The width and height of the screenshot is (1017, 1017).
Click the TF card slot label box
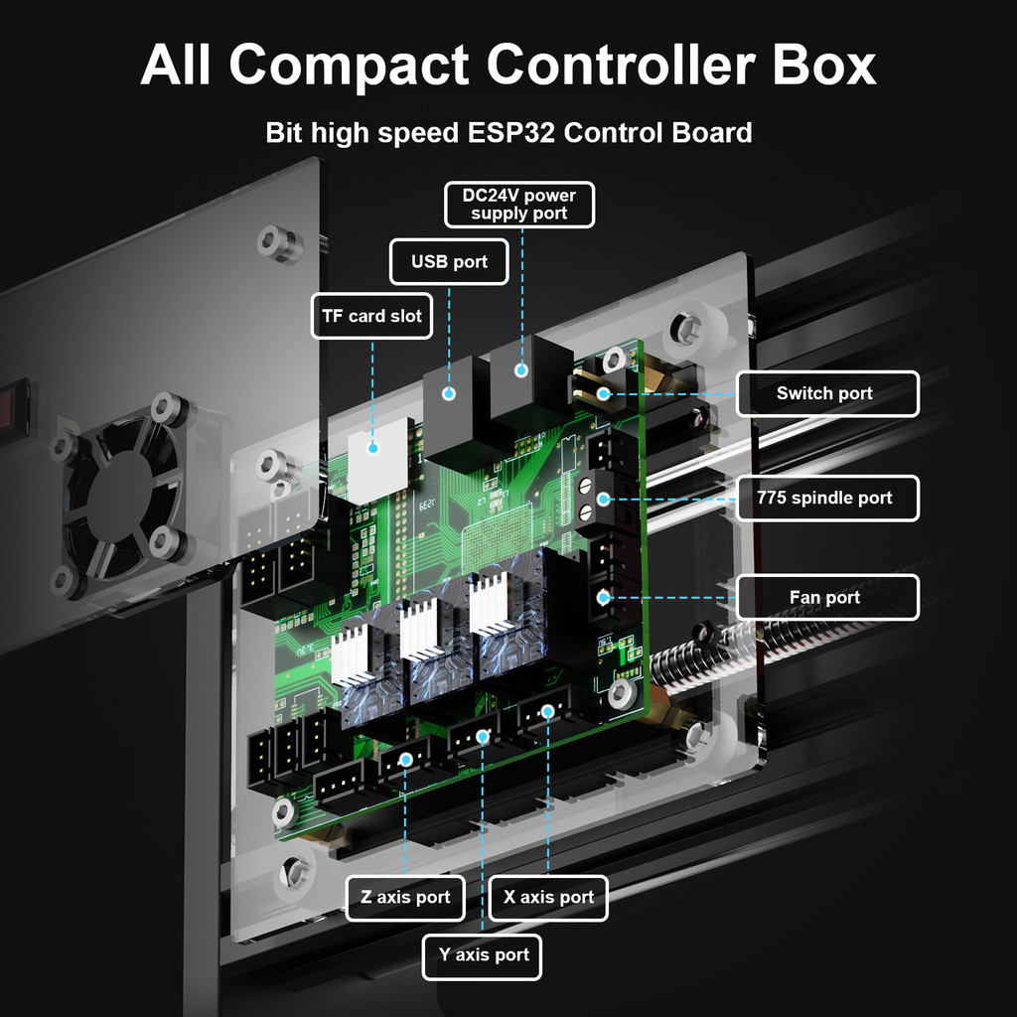(371, 317)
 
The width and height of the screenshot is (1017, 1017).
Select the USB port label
(449, 262)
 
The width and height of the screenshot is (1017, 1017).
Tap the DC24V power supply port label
(518, 205)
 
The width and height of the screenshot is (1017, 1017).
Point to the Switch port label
(824, 393)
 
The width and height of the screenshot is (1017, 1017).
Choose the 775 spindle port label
(824, 498)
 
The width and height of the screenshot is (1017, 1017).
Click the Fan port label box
(824, 597)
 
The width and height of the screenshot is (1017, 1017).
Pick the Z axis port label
(405, 897)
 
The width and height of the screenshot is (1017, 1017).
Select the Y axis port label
(484, 955)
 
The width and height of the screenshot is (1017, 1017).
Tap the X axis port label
(548, 897)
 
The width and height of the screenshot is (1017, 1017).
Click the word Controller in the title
(617, 66)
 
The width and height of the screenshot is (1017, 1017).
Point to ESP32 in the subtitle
(507, 132)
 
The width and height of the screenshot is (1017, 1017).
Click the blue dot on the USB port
(449, 393)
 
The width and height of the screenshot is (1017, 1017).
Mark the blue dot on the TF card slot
(373, 448)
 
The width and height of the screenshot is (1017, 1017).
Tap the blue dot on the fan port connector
(603, 597)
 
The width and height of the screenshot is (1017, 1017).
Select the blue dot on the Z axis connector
(405, 760)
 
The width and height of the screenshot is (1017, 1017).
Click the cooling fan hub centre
(122, 495)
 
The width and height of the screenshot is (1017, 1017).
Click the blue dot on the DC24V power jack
(519, 371)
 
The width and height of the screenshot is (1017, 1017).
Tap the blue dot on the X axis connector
(548, 711)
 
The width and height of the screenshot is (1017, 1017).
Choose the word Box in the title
(819, 66)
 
